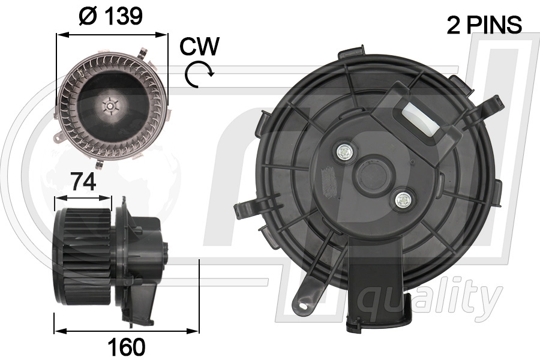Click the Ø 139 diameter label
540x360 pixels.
(x=112, y=16)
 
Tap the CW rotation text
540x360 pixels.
(x=199, y=46)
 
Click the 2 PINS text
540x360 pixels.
(x=484, y=25)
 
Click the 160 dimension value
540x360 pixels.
(x=126, y=346)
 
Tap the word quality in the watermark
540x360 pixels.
(x=433, y=297)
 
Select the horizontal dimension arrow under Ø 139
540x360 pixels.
(x=112, y=35)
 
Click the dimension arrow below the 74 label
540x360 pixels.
(x=83, y=197)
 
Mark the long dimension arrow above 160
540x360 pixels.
(x=126, y=330)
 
